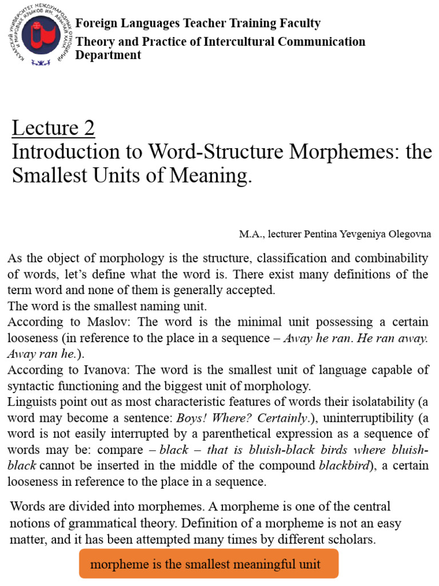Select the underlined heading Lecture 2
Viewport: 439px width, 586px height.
click(x=53, y=129)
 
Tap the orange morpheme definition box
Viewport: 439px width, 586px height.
click(x=209, y=564)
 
